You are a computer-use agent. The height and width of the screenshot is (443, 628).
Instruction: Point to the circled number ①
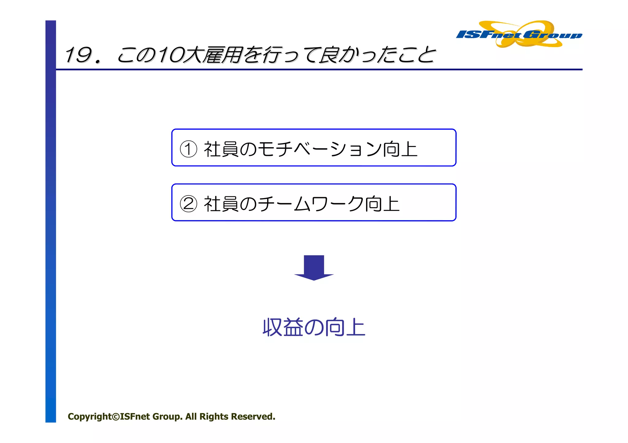click(188, 149)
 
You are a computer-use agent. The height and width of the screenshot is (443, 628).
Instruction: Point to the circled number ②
click(188, 204)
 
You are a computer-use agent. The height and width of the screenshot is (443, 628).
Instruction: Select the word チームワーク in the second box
click(311, 204)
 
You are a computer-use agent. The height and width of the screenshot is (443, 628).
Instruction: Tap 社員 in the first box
click(221, 149)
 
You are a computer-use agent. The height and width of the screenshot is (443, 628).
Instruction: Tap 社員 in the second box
click(221, 204)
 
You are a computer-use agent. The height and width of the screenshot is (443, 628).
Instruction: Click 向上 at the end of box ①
click(400, 149)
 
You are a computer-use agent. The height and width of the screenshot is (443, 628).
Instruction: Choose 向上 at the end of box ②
click(382, 204)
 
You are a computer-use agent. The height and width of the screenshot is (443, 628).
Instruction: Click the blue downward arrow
click(314, 267)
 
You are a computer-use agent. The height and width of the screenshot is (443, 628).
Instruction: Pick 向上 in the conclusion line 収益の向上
click(345, 327)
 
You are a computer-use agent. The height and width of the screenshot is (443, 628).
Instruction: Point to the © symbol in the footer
click(116, 417)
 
